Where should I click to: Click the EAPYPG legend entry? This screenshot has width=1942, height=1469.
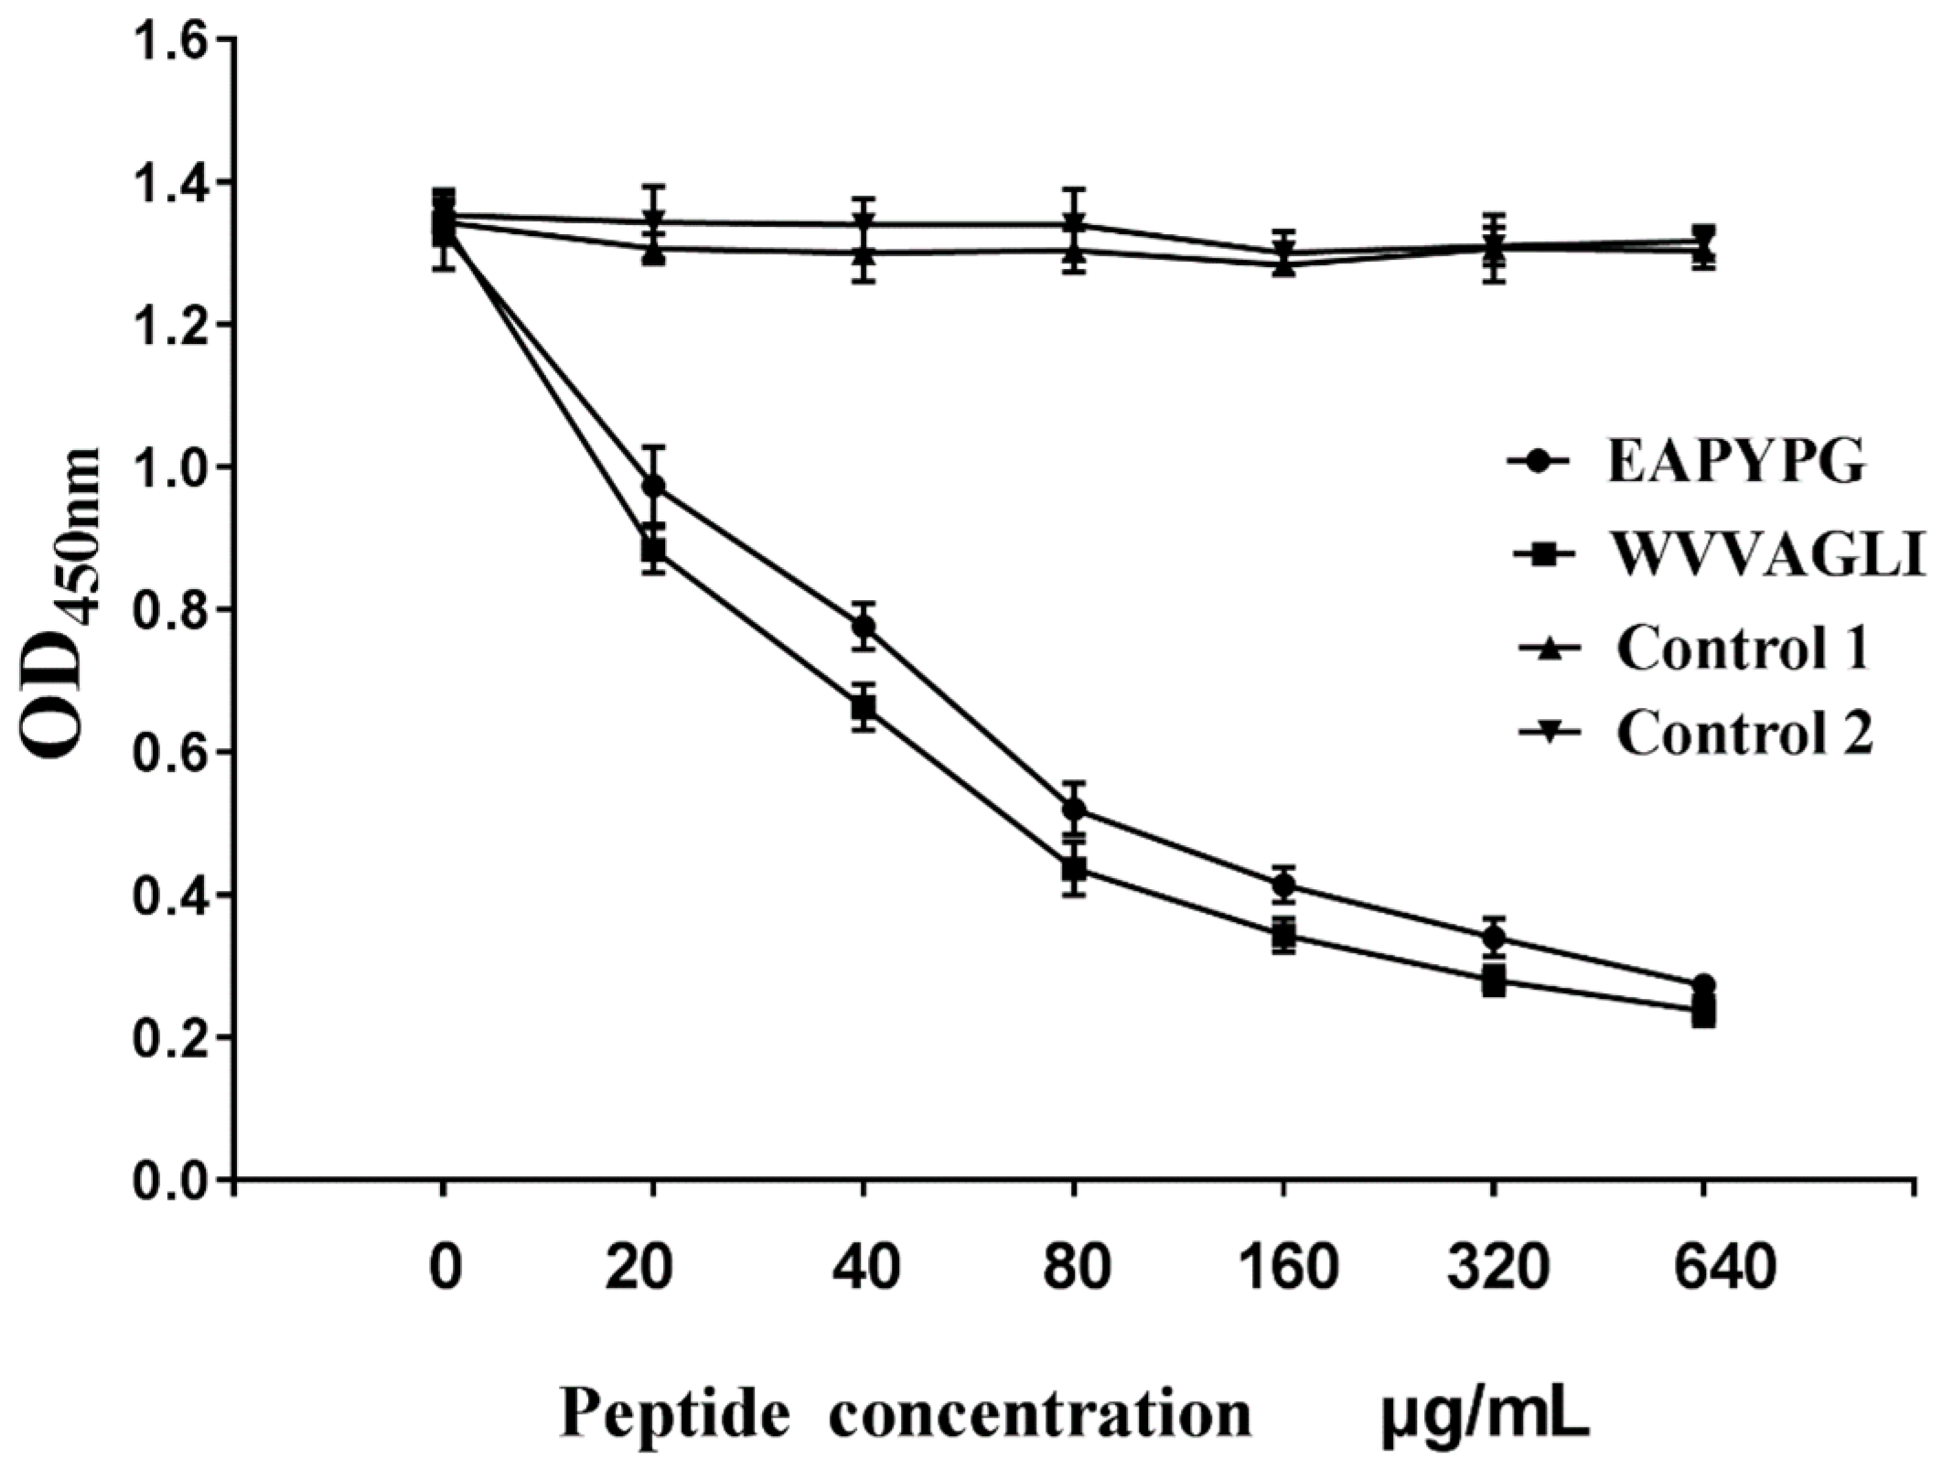click(x=1735, y=464)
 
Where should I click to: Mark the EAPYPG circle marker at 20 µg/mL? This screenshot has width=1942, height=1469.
click(x=653, y=486)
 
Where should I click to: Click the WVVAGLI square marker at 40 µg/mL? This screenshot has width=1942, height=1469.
click(x=863, y=707)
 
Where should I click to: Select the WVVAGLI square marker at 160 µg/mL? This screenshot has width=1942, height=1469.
click(x=1283, y=935)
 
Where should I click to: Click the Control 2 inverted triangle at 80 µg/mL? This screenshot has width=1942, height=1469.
click(x=1074, y=224)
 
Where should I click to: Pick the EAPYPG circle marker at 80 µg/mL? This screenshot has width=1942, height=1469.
click(x=1074, y=810)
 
